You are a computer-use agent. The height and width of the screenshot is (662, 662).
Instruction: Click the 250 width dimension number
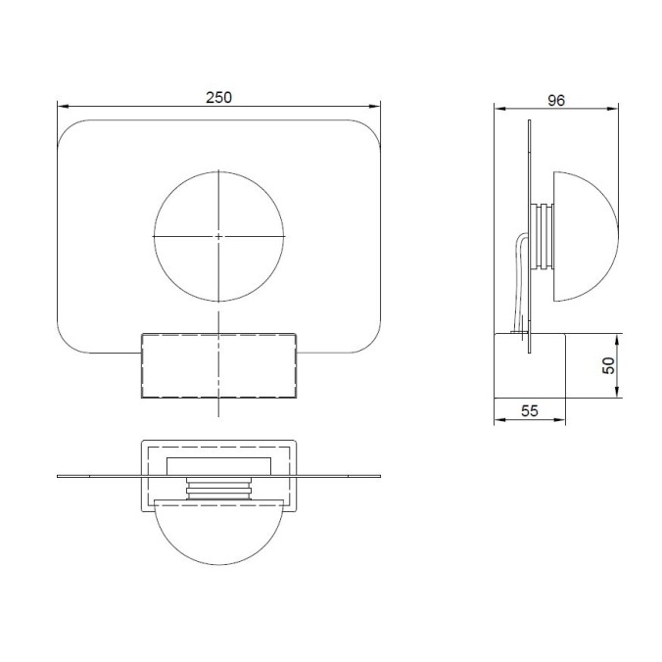(218, 98)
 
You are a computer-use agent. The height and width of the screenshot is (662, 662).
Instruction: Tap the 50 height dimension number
(607, 365)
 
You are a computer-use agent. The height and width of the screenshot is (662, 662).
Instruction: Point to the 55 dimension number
(529, 411)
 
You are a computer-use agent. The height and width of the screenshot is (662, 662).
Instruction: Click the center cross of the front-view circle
(218, 236)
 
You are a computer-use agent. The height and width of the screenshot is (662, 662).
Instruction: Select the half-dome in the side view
(586, 236)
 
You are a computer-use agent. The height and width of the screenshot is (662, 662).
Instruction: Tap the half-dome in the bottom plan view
(218, 534)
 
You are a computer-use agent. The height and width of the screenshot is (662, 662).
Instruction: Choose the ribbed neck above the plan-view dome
(218, 489)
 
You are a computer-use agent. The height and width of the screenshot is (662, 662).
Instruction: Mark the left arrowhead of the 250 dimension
(62, 108)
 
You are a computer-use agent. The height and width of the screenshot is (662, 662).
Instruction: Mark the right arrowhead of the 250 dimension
(376, 108)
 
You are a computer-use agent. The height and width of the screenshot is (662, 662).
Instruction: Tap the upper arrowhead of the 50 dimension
(617, 339)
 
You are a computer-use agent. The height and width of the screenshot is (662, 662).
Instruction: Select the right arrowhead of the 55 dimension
(562, 421)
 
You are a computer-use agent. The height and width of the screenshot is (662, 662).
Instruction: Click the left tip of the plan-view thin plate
(59, 477)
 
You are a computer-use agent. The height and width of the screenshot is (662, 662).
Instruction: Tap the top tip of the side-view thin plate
(529, 122)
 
